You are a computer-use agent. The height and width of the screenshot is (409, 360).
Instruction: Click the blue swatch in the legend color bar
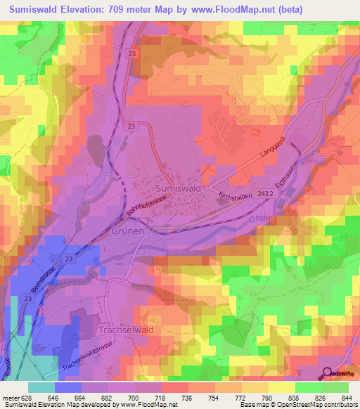pyautogui.click(x=67, y=387)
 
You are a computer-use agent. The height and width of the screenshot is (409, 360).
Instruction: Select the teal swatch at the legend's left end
pyautogui.click(x=41, y=387)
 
